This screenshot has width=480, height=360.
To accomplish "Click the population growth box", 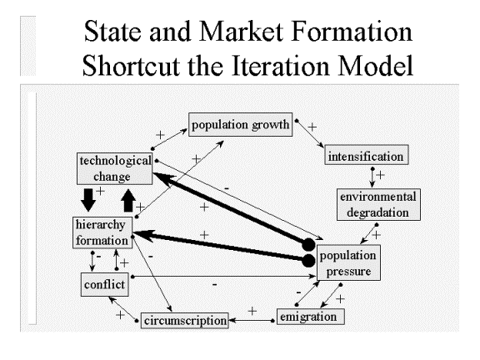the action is (x=240, y=125).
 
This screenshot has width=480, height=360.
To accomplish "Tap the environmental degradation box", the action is (x=378, y=204).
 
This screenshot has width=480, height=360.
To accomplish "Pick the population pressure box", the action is (x=348, y=262).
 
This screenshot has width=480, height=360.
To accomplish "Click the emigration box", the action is (x=310, y=317).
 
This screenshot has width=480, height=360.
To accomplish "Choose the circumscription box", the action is (x=185, y=321).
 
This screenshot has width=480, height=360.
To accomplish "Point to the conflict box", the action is (x=104, y=285).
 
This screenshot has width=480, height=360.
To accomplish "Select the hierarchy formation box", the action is (x=102, y=232).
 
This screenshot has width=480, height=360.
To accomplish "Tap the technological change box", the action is (x=114, y=168).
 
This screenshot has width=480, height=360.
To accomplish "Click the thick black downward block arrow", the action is (x=88, y=200).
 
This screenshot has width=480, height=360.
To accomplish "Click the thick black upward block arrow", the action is (x=128, y=201).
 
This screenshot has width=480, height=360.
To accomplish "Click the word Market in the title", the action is (x=241, y=31).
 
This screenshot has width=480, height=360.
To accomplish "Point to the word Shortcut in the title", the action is (x=131, y=65).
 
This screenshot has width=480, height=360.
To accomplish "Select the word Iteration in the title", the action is (x=281, y=65).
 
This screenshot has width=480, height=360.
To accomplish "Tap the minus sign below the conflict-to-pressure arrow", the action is (x=215, y=285).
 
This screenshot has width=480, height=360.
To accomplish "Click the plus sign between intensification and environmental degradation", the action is (x=380, y=175).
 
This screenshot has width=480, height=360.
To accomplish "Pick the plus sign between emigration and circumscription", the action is (x=252, y=311).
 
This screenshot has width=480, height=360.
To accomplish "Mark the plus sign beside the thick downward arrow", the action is (x=100, y=191).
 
